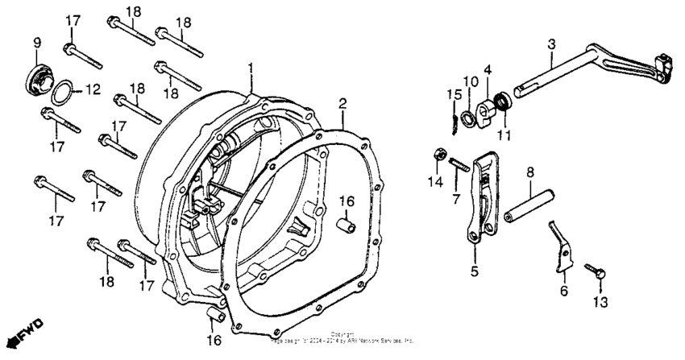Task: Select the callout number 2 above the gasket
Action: [x=342, y=104]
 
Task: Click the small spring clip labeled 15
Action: [x=457, y=119]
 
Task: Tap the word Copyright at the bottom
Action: [x=342, y=333]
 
